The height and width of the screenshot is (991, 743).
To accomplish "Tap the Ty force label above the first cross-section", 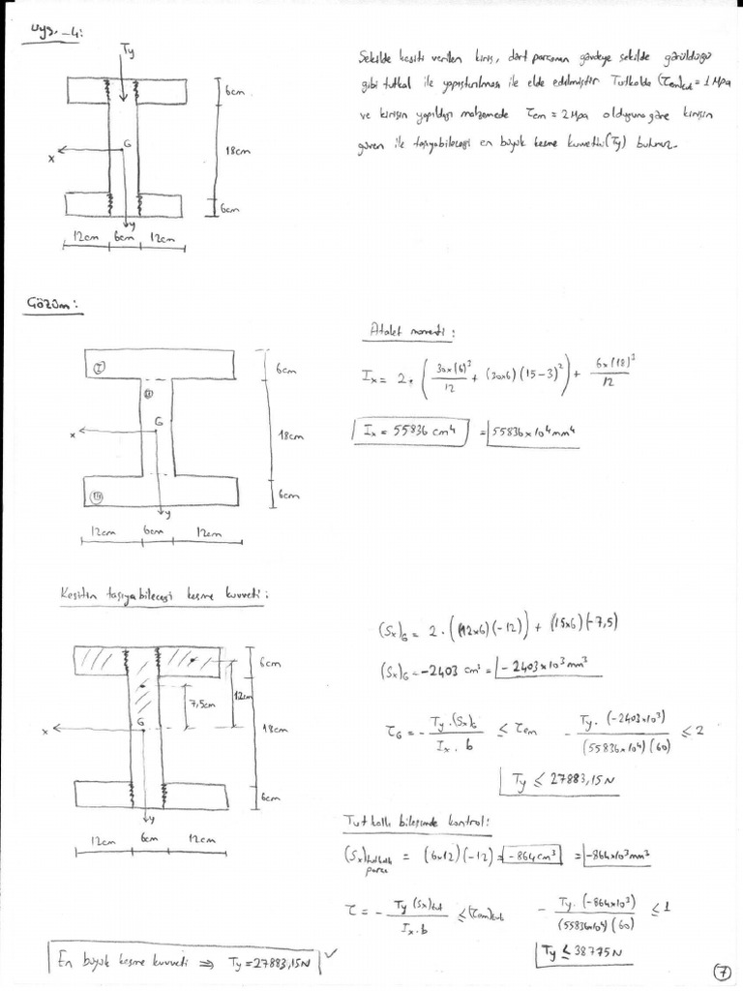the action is [x=129, y=49].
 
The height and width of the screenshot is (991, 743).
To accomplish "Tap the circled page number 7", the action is [x=720, y=973].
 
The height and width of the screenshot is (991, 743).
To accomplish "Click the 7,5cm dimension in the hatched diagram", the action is [x=201, y=714].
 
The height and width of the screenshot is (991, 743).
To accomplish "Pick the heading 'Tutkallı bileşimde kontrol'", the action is [x=418, y=821].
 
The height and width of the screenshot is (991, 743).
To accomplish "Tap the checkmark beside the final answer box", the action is [x=332, y=953].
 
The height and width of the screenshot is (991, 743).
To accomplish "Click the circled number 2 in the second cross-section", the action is [x=99, y=366].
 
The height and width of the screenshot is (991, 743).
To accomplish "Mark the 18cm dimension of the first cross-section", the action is [x=237, y=151].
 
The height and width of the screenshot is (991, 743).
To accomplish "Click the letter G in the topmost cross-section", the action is [x=128, y=142].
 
